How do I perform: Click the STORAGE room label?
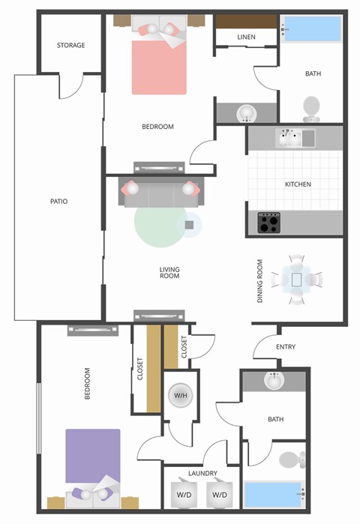coord(70,46)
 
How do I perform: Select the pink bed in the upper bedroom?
coord(158,67)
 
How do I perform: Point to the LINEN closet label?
coord(247,37)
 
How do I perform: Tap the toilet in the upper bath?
coord(311,108)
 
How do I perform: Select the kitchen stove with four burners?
coord(269,222)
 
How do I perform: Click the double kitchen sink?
coord(297,138)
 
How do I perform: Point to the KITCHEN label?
coord(298,184)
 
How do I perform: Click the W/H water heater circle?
coord(180,395)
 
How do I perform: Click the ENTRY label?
coord(286,347)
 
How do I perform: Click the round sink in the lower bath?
coord(275,382)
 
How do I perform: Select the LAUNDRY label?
coord(203,474)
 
